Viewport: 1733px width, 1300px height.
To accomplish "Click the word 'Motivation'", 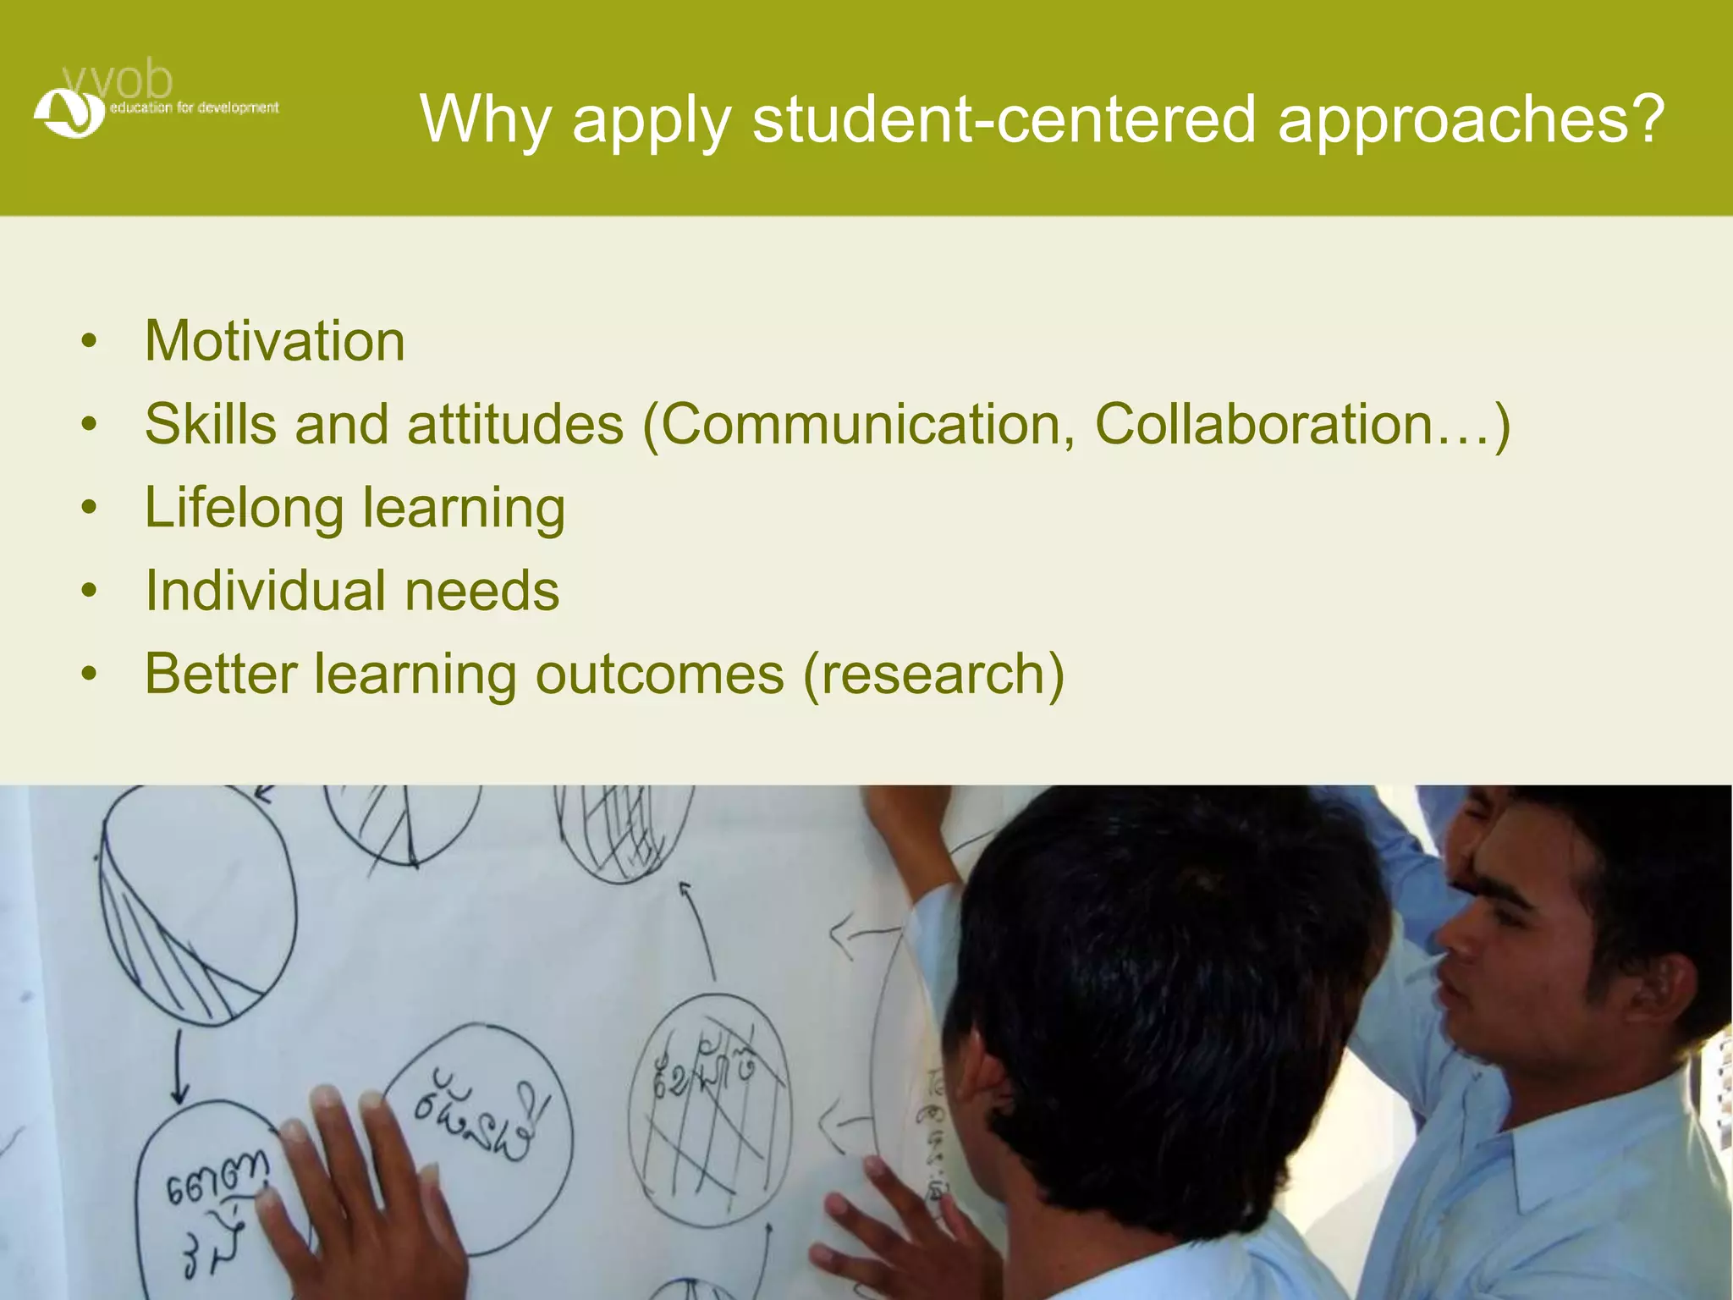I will pos(275,341).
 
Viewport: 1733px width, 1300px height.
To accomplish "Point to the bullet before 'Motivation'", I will pos(90,343).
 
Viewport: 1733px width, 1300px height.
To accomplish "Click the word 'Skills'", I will pos(211,424).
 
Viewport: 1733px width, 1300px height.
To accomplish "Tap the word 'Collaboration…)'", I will pos(1301,424).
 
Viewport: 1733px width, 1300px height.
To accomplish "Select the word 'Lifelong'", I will pos(245,508).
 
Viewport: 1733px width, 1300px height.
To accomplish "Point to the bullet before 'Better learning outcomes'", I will pos(90,675).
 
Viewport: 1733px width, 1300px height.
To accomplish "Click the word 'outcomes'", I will pos(660,675).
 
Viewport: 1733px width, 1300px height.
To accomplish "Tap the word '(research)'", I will pos(933,675).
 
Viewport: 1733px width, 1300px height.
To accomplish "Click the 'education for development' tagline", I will pos(194,108).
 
